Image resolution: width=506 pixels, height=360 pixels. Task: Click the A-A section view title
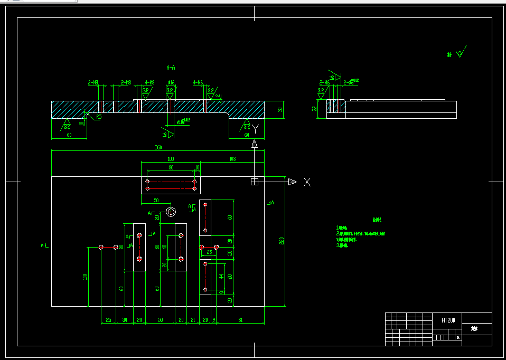pos(171,68)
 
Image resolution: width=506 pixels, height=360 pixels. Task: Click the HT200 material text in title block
pos(448,320)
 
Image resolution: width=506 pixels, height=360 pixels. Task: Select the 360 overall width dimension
pos(158,148)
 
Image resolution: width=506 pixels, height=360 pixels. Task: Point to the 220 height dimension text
pos(282,241)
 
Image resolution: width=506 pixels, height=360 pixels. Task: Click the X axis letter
pos(307,182)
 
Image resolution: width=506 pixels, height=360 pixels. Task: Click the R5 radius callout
pos(99,118)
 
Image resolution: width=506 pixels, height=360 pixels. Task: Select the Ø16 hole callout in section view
pos(171,83)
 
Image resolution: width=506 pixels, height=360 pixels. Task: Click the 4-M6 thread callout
pos(198,83)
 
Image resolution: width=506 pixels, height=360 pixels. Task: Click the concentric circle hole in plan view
pos(171,212)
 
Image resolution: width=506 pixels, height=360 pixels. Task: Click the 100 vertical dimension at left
pos(85,277)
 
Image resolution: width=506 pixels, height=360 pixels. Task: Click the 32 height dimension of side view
pos(314,109)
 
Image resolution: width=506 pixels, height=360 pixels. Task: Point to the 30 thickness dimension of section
pos(280,110)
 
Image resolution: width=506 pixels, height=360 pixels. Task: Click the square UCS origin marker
pos(254,182)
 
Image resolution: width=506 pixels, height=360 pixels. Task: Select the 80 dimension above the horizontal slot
pos(171,167)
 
